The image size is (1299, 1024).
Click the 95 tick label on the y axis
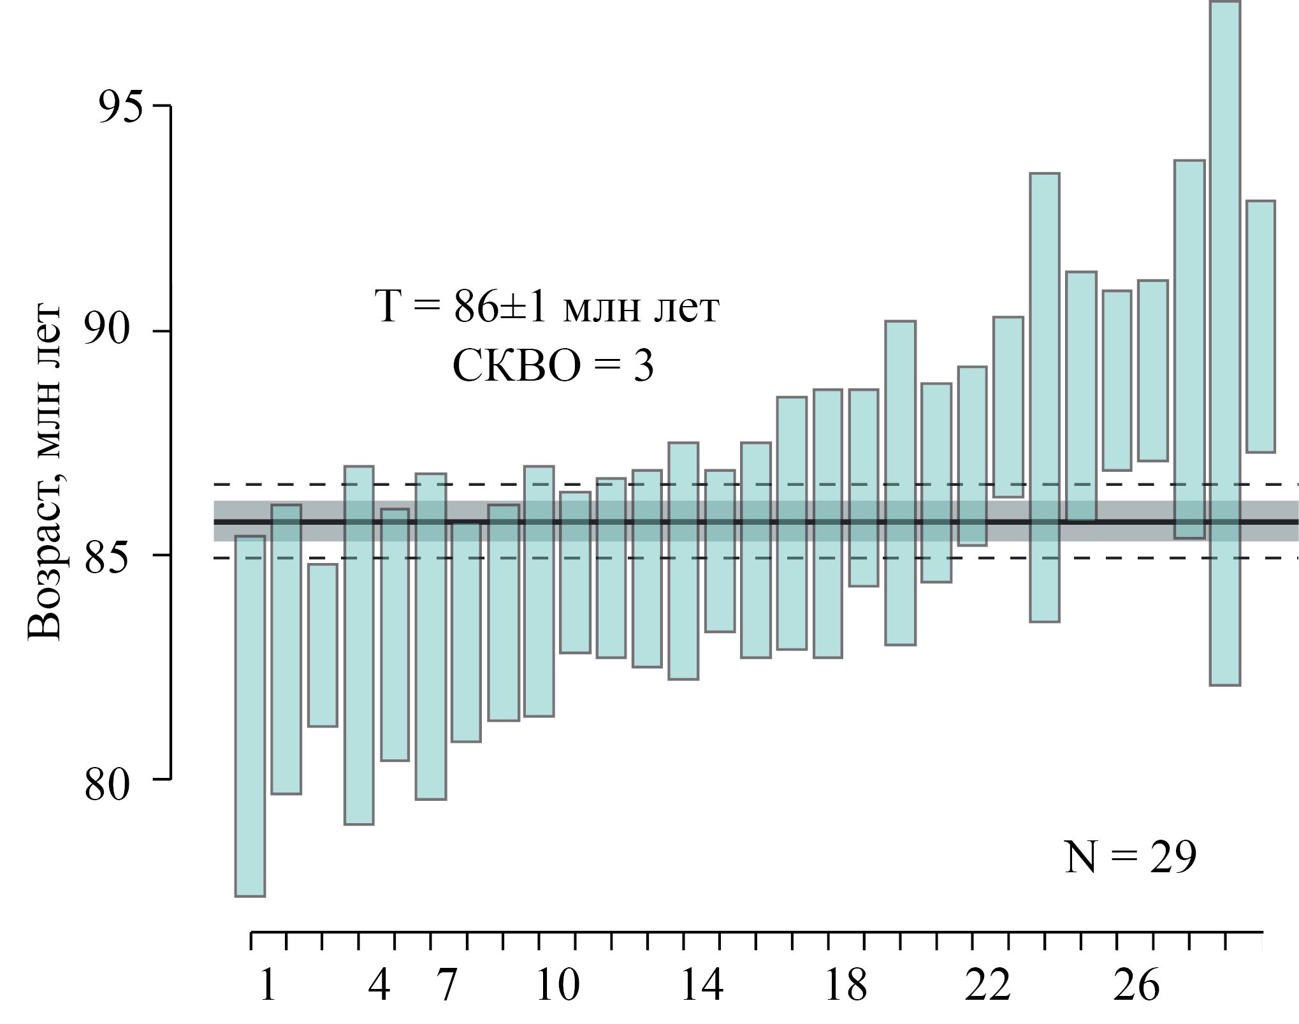coord(120,106)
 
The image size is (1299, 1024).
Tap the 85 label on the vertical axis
coord(106,556)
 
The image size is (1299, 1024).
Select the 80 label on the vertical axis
coord(106,785)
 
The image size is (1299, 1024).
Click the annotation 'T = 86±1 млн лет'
coord(547,307)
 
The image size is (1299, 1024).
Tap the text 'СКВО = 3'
coord(553,366)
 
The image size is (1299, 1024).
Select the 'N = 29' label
coord(1130,857)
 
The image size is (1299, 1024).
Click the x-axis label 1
coord(268,985)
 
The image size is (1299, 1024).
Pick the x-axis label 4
coord(379,985)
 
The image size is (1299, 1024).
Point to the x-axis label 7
coord(447,985)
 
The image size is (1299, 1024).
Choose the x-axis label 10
coord(558,985)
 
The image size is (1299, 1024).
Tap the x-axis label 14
coord(702,985)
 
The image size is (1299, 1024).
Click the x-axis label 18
coord(846,985)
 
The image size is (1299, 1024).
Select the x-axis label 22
coord(989,985)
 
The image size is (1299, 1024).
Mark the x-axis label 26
coord(1136,985)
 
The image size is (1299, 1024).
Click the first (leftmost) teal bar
coord(250,716)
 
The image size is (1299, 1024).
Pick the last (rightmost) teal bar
coord(1261,326)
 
